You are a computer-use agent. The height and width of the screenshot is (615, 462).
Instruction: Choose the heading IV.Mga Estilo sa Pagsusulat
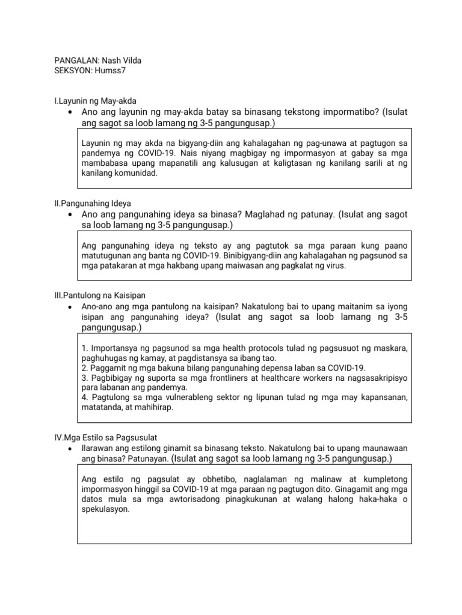(105, 437)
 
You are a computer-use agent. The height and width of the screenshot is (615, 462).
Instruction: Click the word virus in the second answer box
(334, 265)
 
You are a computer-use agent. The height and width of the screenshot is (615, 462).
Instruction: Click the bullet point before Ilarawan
(71, 449)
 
